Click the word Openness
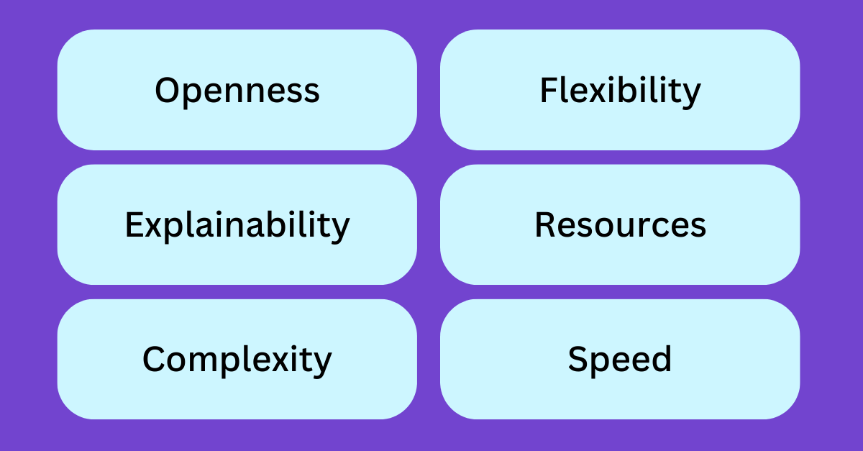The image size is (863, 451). coord(237,91)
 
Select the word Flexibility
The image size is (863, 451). coord(620,91)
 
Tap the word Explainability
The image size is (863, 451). coord(237,226)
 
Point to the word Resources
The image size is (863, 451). coord(620,224)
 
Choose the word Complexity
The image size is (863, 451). coord(237,360)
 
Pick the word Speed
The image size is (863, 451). coord(620,360)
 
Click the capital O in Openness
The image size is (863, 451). coord(168,90)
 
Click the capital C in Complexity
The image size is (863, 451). coord(155,359)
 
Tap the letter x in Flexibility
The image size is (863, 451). coord(597,93)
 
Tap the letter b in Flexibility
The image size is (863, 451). coord(627,89)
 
